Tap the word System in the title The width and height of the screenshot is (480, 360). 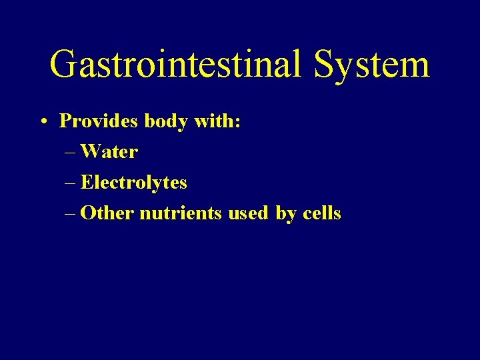[x=371, y=65]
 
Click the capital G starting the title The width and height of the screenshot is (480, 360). [x=64, y=65]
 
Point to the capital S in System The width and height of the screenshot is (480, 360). [x=325, y=65]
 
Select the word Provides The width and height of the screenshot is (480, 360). [x=90, y=121]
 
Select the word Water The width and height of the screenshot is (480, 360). [x=109, y=152]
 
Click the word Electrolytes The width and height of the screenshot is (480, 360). [x=134, y=183]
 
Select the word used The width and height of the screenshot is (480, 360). [x=249, y=213]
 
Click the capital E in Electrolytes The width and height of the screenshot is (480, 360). [x=86, y=183]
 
